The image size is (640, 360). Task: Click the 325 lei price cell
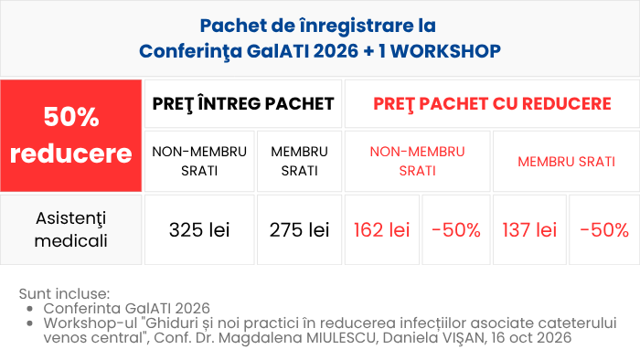[199, 230]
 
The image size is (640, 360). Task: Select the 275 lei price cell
[299, 230]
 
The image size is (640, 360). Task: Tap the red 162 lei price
[381, 230]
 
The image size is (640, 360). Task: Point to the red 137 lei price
[529, 230]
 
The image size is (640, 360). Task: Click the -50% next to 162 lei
[456, 230]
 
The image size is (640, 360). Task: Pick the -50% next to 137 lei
[604, 230]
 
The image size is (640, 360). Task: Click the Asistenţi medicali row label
[71, 229]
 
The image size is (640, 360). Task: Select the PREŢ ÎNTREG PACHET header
[243, 103]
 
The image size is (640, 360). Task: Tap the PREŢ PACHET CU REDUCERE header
[492, 103]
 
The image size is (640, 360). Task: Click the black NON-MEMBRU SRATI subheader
[199, 161]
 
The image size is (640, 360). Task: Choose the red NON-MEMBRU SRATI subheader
[417, 161]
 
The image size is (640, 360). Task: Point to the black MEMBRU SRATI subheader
[299, 161]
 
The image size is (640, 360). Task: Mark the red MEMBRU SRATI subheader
[566, 162]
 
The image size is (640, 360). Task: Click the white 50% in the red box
[71, 117]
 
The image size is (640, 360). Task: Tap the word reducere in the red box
[71, 154]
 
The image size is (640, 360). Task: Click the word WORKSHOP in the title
[445, 51]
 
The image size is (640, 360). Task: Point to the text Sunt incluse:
[64, 293]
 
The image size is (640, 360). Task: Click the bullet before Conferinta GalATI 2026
[29, 309]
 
